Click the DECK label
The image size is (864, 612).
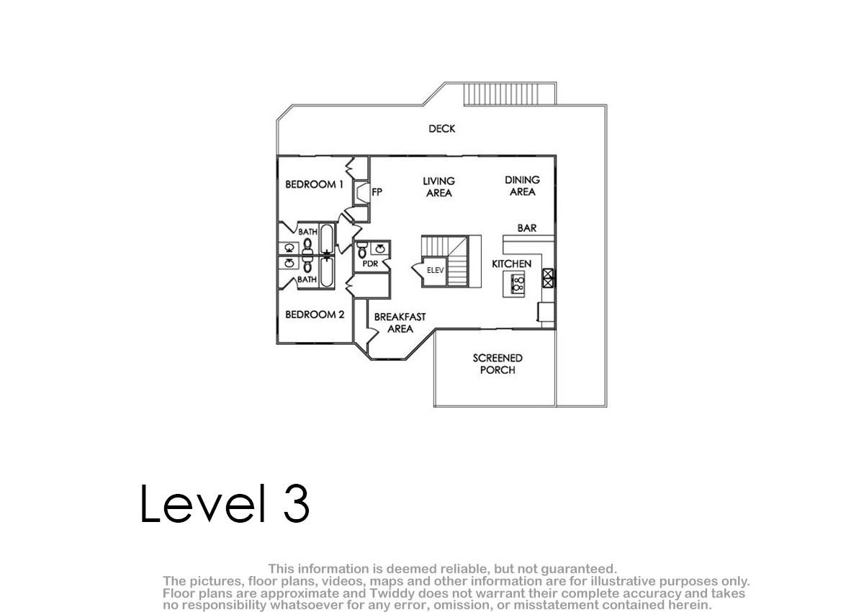pos(441,129)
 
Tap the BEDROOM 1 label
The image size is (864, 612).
pos(314,184)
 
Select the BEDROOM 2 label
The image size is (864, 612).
pos(315,315)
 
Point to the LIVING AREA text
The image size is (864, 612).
pos(438,187)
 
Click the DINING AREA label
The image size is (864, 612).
pos(522,186)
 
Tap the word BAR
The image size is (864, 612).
pos(527,228)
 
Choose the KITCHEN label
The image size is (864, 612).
pos(511,264)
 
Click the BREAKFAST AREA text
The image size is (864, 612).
pos(400,323)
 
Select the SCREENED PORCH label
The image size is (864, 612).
pos(498,364)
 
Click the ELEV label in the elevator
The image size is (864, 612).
pos(436,270)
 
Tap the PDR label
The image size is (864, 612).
pos(370,264)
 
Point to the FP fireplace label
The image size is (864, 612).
pos(377,192)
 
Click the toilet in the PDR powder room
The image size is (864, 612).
pos(362,251)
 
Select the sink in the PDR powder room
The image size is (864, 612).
pos(380,248)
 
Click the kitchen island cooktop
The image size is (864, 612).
pos(517,284)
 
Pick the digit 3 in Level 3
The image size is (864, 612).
pos(296,503)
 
